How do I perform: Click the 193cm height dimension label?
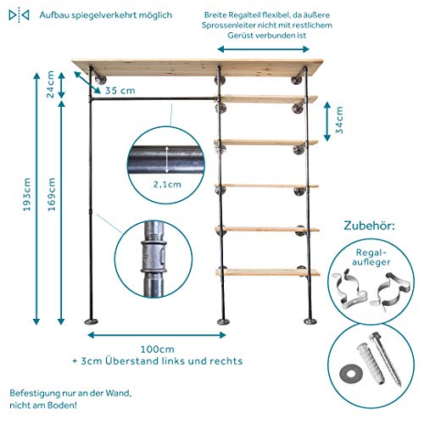point(27,194)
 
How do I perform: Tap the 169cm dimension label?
point(52,194)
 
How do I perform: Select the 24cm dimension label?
point(50,84)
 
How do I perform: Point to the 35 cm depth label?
point(120,91)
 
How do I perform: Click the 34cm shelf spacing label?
point(339,120)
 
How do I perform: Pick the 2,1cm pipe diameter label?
point(167,185)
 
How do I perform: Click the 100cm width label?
point(158,349)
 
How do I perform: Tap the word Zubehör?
point(369,226)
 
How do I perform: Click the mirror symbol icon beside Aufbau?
point(19,15)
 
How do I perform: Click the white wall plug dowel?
point(371,362)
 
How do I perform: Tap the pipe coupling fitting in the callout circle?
point(153,257)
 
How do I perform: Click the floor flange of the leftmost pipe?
point(91,321)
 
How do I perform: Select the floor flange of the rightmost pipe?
point(310,321)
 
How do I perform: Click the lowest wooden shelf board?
point(268,272)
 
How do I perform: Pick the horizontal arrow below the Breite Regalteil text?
point(263,49)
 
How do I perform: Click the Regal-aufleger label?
point(371,257)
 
